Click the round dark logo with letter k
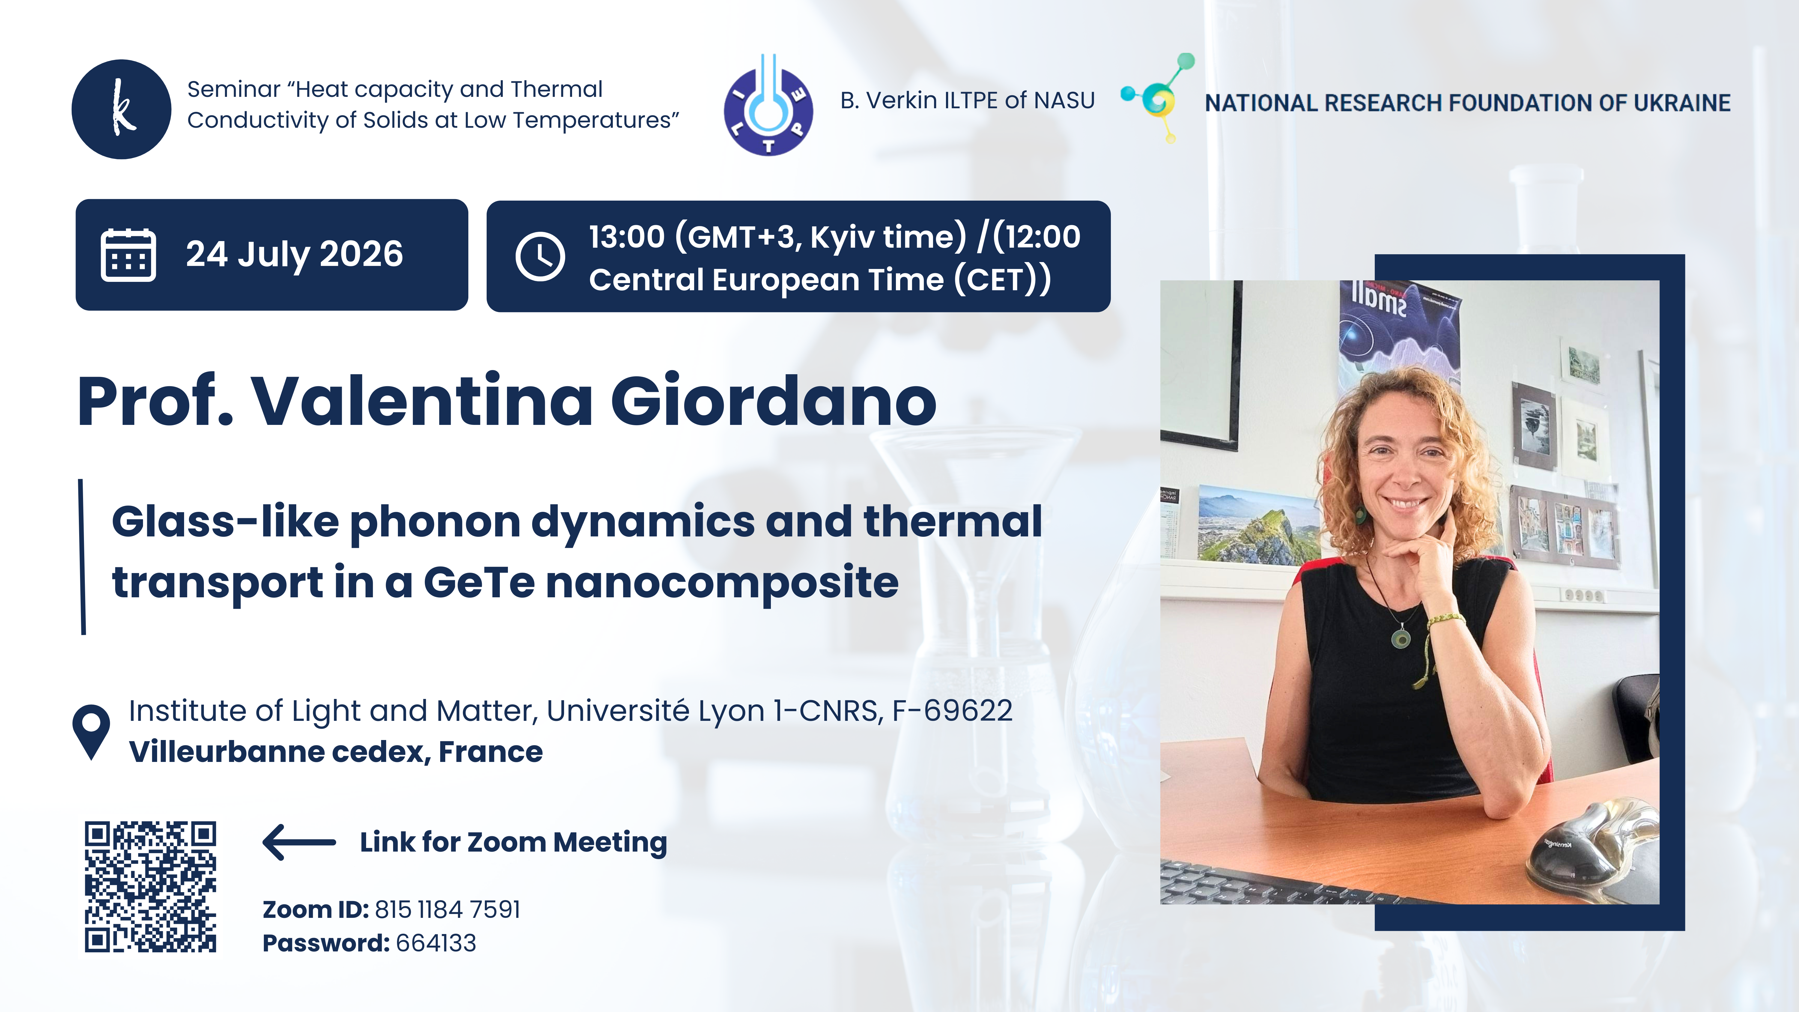click(x=121, y=109)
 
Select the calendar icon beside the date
click(x=129, y=255)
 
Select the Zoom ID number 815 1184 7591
click(x=448, y=909)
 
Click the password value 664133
click(x=436, y=943)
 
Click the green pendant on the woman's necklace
click(x=1400, y=638)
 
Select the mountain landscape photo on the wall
click(x=1258, y=524)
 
